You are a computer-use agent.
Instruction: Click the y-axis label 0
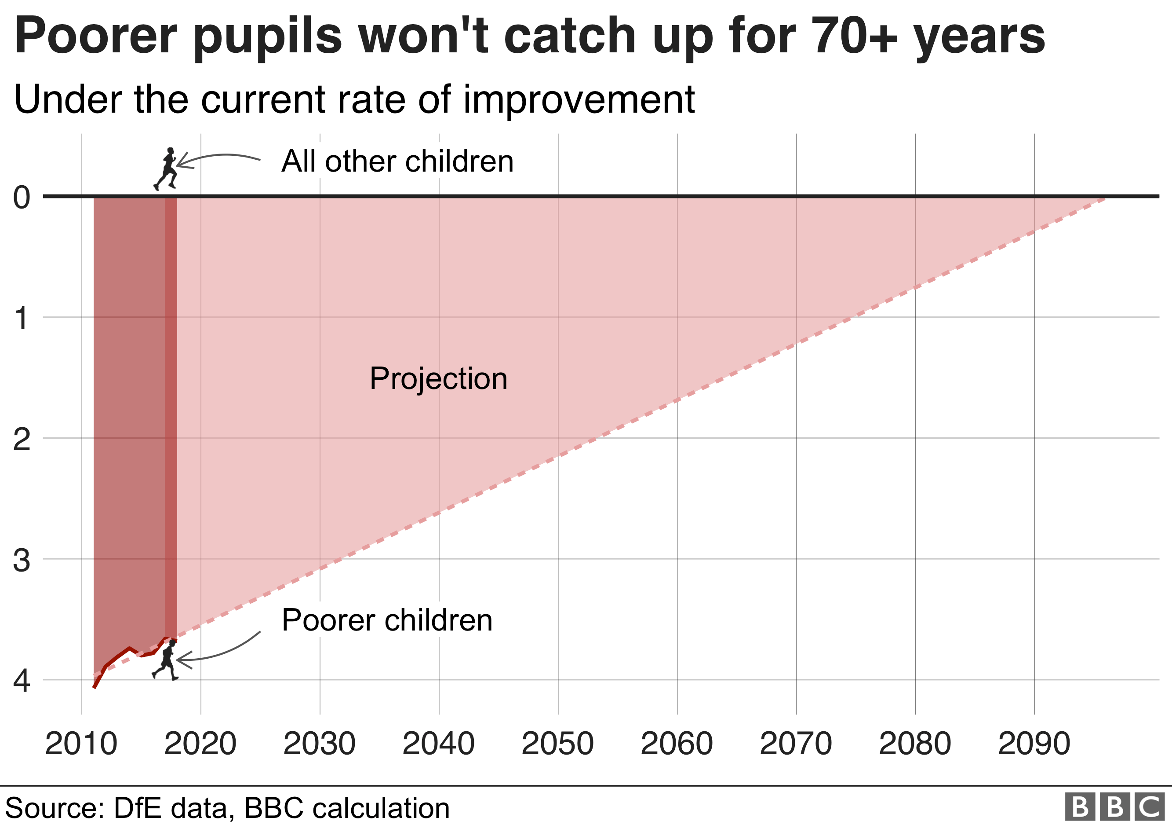(x=22, y=197)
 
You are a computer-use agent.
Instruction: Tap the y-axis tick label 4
(x=22, y=681)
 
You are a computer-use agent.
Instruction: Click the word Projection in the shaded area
(x=438, y=378)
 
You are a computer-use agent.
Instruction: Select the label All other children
(x=397, y=161)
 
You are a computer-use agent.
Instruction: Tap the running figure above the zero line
(x=166, y=169)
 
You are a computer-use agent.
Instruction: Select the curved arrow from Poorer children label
(x=219, y=651)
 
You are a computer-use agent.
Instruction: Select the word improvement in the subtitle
(x=579, y=99)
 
